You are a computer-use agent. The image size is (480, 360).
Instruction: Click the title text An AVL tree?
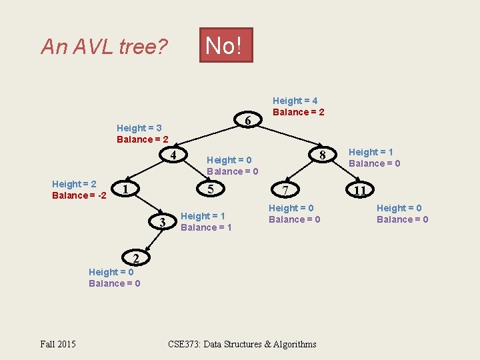point(104,47)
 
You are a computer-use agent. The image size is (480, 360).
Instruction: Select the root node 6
point(247,121)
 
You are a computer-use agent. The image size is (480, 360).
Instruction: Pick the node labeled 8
point(322,156)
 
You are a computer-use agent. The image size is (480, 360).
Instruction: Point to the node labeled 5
point(211,189)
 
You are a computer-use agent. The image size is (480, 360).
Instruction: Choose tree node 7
point(285,191)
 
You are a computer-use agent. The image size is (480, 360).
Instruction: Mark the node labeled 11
point(360,191)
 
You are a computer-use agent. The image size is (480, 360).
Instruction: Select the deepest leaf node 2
point(135,257)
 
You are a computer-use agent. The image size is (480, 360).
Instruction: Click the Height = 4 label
point(295,101)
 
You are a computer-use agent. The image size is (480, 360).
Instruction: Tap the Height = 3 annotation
point(139,128)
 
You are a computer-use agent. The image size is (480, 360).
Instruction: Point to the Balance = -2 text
point(79,195)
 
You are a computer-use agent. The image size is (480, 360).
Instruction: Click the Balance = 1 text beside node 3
point(206,227)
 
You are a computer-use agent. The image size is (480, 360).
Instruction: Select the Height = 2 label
point(74,184)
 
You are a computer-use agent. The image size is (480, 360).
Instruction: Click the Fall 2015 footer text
point(58,344)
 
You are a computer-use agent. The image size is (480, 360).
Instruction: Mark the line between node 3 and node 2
point(149,239)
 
